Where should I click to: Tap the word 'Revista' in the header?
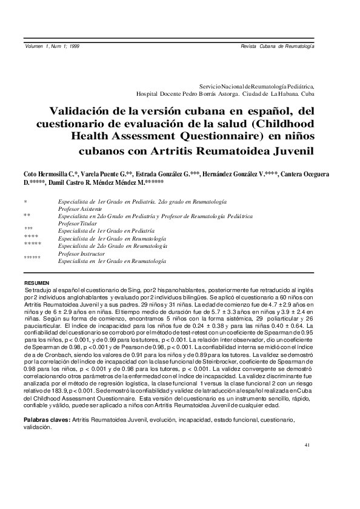[250, 47]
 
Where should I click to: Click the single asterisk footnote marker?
[25, 201]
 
